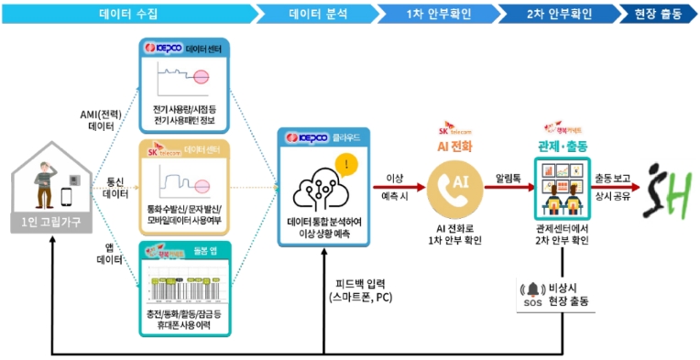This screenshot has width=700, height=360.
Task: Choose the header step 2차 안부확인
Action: tap(559, 14)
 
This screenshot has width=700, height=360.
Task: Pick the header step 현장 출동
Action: tap(657, 14)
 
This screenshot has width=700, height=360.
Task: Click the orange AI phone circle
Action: tap(454, 181)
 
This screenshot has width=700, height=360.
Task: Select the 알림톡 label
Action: tap(509, 171)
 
